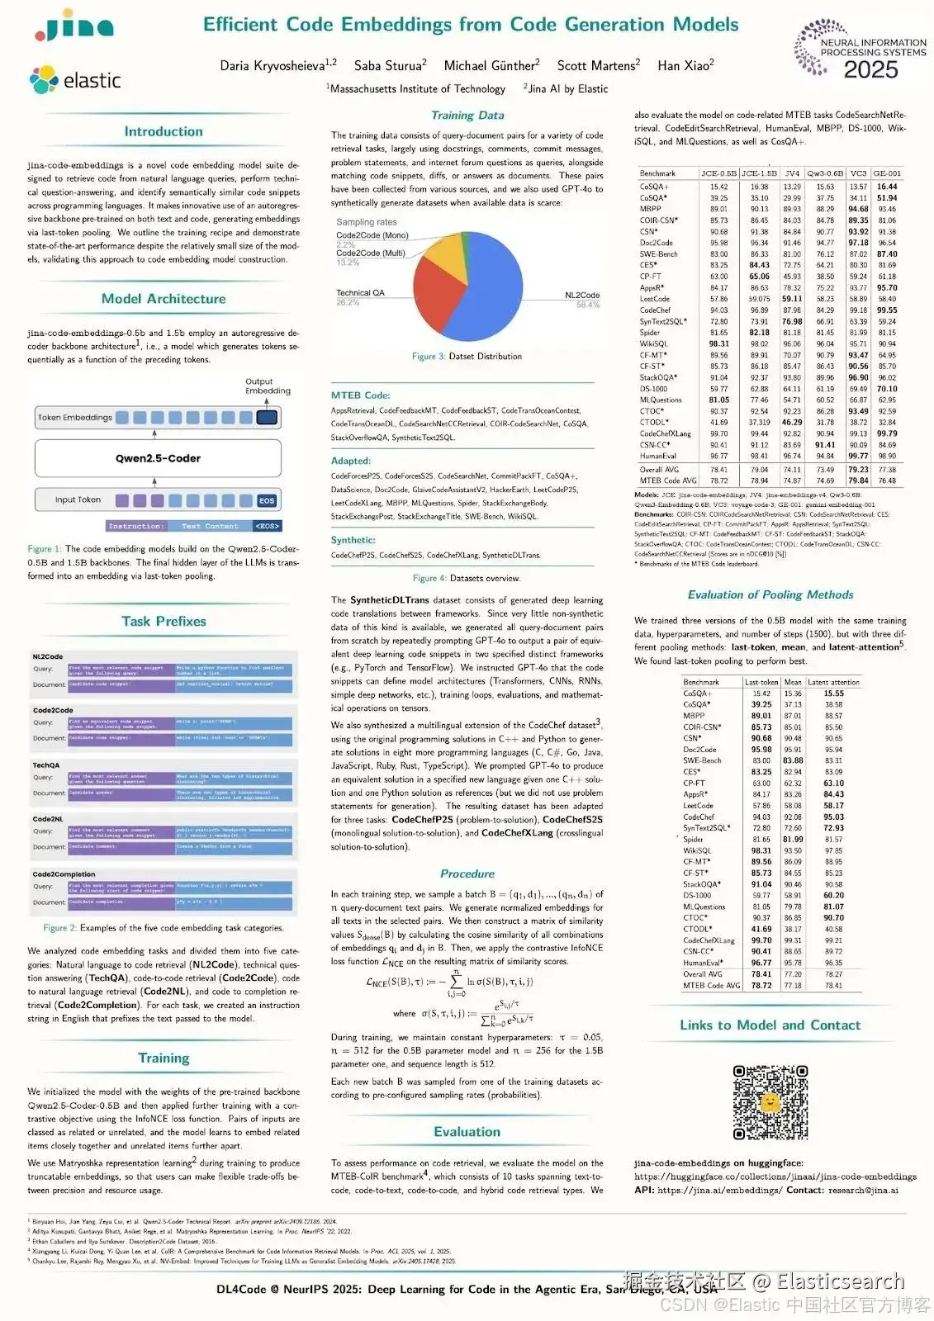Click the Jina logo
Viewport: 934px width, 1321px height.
(x=74, y=27)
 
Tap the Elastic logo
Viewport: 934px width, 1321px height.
(x=75, y=80)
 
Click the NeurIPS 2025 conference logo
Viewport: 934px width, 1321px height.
(x=860, y=51)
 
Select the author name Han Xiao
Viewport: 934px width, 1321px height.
(x=685, y=65)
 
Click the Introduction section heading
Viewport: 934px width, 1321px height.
(x=164, y=131)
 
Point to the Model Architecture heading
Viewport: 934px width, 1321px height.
(x=164, y=299)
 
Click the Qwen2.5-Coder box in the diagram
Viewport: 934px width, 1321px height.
(x=158, y=458)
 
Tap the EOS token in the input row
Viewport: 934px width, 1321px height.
(x=267, y=500)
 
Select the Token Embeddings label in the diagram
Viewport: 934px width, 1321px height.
(x=74, y=417)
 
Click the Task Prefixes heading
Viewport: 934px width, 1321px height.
(x=164, y=621)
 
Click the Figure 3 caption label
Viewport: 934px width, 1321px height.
(x=429, y=357)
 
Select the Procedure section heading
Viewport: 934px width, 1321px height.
(x=467, y=874)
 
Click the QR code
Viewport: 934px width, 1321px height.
(x=770, y=1102)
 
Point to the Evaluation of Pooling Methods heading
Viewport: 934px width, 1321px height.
(x=770, y=594)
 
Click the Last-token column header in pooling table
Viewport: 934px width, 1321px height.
(x=761, y=682)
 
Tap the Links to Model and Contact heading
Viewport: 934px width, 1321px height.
(x=770, y=1025)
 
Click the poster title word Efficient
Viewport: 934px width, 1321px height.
(x=240, y=24)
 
